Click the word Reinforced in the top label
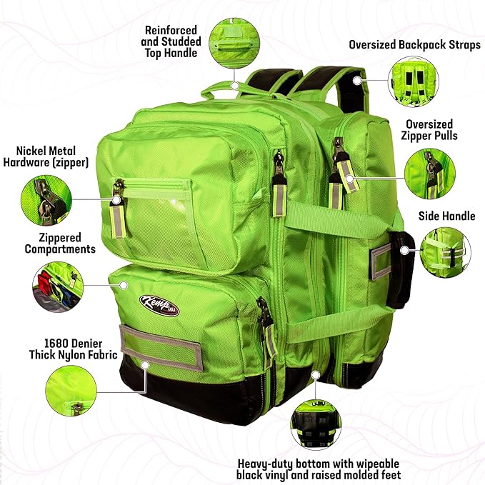pos(170,31)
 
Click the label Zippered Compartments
pos(60,243)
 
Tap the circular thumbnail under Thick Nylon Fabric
pos(70,391)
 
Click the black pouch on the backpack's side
pos(401,267)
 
